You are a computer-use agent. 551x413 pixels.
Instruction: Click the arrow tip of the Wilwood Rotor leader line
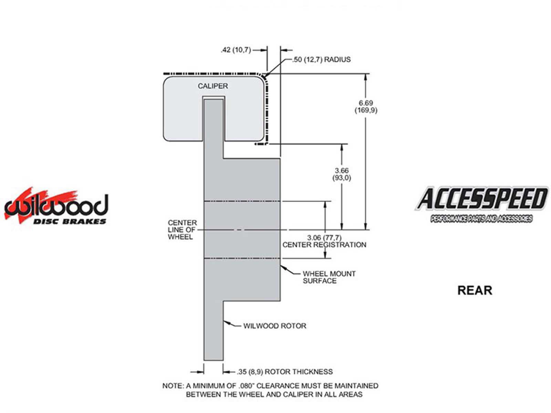[x=223, y=321]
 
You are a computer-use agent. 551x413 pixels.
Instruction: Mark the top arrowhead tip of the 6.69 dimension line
[x=366, y=74]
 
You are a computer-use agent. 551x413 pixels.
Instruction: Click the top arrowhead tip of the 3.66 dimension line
[x=342, y=145]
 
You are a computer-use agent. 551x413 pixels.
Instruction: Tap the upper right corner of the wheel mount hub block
[x=280, y=158]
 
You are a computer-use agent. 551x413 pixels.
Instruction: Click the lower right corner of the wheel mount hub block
[x=280, y=301]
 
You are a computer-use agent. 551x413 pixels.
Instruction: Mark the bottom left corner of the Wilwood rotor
[x=204, y=360]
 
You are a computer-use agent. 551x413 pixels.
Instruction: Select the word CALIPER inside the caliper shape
[x=213, y=86]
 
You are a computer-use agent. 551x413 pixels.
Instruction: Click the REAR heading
[x=475, y=290]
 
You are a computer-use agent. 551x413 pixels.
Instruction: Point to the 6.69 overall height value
[x=366, y=103]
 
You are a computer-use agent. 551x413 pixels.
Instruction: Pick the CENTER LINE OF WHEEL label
[x=182, y=230]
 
